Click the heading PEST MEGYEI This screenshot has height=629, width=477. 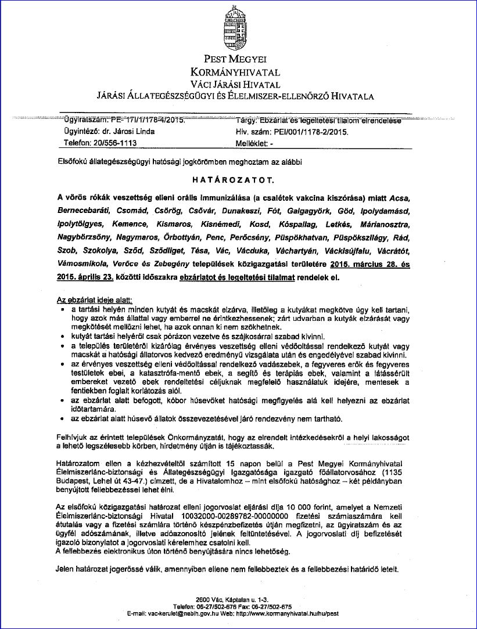click(x=235, y=59)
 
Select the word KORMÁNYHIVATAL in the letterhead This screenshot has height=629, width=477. click(x=235, y=72)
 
